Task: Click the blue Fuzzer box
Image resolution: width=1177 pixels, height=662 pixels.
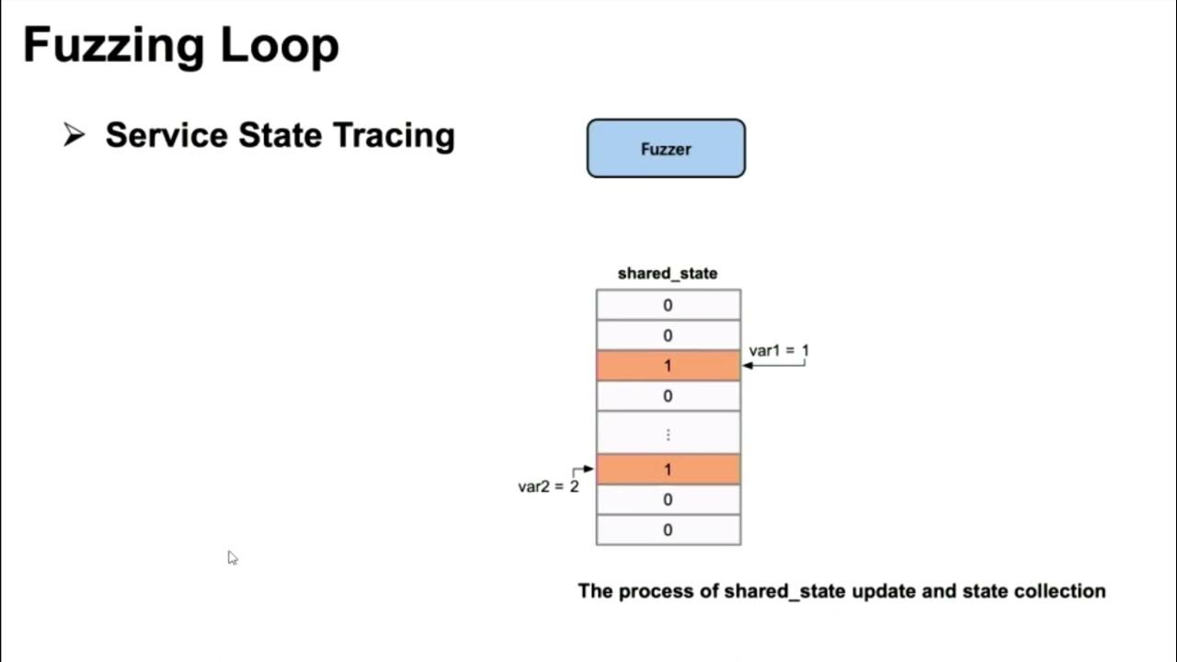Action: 666,148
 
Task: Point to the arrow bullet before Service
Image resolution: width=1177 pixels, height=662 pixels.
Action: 74,135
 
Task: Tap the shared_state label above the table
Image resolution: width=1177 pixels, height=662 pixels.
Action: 668,273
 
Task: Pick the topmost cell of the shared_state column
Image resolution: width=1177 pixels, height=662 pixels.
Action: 668,305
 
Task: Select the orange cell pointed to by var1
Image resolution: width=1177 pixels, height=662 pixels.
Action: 668,366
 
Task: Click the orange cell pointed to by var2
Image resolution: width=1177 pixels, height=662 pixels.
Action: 668,470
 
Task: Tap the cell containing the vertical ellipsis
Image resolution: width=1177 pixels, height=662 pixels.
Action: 668,434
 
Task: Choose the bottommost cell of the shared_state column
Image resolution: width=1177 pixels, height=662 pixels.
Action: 668,530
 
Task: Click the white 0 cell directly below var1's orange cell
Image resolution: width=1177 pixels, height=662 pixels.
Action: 668,396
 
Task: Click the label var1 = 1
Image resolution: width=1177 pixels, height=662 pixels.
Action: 779,350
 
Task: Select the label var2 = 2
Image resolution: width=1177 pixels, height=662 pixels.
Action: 548,486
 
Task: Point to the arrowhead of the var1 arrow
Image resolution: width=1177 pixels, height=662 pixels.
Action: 748,366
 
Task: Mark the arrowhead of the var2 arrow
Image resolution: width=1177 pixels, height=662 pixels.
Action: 589,469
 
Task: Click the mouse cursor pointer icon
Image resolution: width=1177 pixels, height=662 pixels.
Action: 232,557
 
